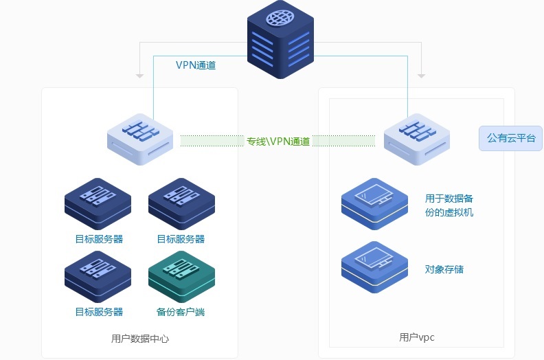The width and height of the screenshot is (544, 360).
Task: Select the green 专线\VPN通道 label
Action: click(x=278, y=142)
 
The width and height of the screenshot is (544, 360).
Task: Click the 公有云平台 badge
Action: click(x=510, y=138)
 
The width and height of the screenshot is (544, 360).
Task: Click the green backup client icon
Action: click(x=181, y=275)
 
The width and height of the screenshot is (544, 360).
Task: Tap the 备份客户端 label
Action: click(x=181, y=312)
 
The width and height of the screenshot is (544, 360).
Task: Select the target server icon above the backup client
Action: click(x=181, y=203)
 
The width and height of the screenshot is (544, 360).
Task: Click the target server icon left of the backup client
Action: click(x=98, y=275)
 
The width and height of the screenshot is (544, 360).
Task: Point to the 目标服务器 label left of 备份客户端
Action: click(x=99, y=312)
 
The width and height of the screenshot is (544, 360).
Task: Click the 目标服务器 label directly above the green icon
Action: click(x=181, y=239)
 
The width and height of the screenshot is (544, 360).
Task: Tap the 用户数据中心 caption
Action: click(x=140, y=339)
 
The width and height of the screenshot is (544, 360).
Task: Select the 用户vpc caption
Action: click(x=417, y=337)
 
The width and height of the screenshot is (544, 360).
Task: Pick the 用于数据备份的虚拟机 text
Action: click(x=449, y=205)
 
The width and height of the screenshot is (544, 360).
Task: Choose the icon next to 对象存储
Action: click(x=374, y=267)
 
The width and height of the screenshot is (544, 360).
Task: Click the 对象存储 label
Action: click(x=444, y=269)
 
